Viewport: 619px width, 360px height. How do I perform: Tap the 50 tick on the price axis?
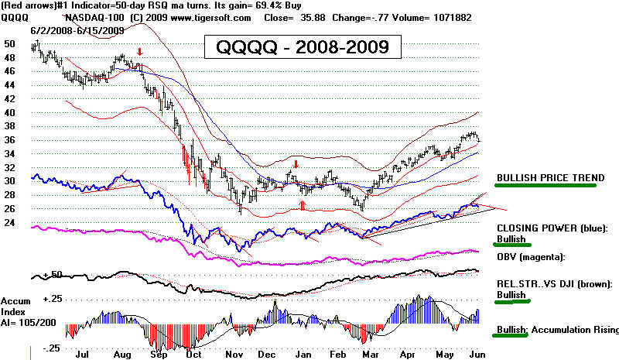coord(10,44)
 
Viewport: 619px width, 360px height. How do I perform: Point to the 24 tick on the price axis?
coord(10,223)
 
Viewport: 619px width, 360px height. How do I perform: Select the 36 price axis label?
coord(10,140)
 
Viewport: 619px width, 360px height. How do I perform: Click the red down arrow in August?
coord(139,53)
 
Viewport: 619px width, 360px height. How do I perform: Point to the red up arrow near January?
coord(303,205)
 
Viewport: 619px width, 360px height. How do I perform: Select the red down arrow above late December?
coord(296,165)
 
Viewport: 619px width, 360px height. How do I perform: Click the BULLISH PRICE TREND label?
coord(550,177)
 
